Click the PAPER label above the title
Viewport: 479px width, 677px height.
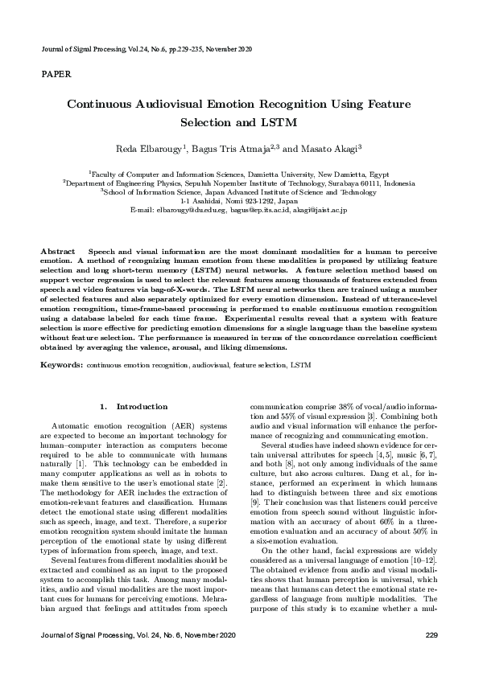56,74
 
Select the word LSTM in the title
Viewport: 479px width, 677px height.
283,123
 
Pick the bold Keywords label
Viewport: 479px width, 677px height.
61,365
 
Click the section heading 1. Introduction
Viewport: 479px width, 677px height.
133,407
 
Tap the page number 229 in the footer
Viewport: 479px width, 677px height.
431,636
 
